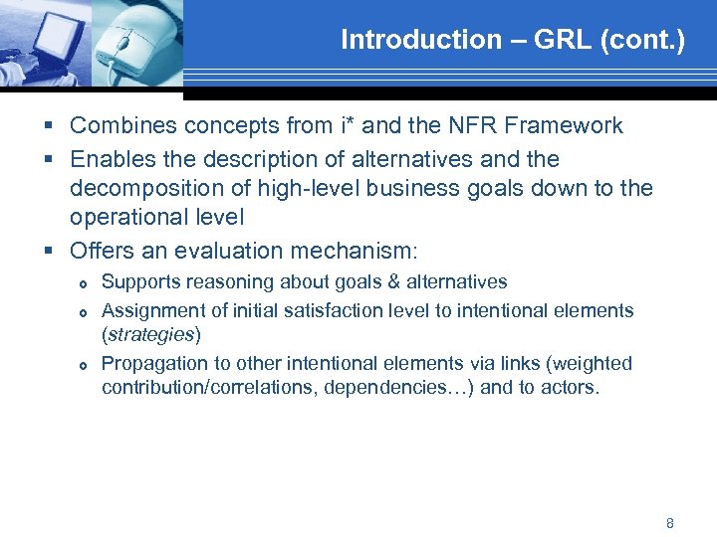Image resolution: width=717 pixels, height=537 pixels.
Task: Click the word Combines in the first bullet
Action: click(120, 125)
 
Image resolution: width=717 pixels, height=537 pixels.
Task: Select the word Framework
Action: click(574, 125)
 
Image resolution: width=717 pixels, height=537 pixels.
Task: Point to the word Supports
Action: click(140, 282)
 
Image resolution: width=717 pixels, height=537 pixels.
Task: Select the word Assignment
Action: click(150, 310)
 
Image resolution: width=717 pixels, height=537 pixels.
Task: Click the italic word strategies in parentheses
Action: click(151, 335)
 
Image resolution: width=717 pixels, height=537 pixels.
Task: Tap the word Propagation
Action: click(152, 363)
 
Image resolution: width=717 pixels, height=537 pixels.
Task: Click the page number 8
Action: click(670, 523)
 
